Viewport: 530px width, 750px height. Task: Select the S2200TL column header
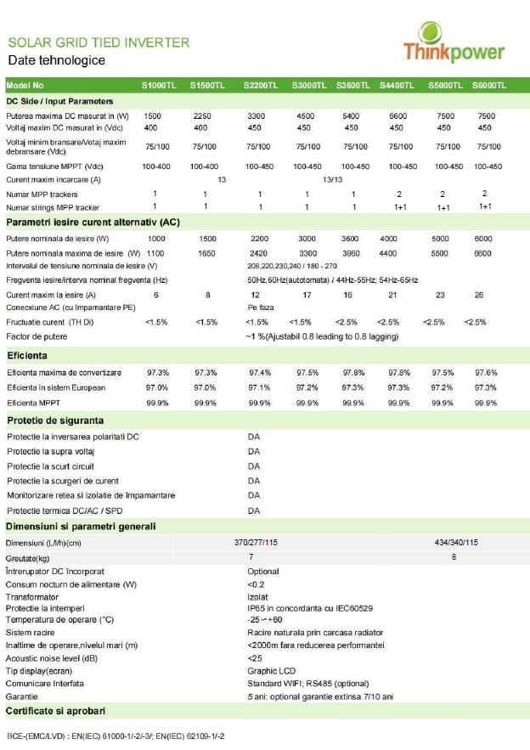260,86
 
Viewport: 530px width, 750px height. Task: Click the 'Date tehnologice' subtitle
56,61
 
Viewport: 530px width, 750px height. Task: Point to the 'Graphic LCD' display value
270,670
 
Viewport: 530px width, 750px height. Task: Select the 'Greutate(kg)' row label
30,557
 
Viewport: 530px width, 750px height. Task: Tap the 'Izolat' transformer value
257,597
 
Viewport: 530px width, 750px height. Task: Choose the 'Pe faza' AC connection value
261,307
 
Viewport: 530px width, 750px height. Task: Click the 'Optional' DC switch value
263,572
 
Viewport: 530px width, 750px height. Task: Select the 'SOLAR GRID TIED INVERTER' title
98,42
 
